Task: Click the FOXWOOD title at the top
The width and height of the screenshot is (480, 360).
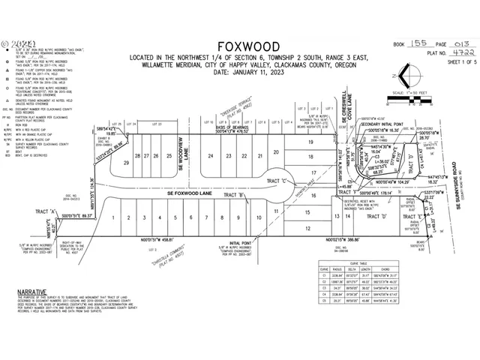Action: (x=240, y=44)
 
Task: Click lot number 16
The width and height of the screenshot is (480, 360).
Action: (x=314, y=194)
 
